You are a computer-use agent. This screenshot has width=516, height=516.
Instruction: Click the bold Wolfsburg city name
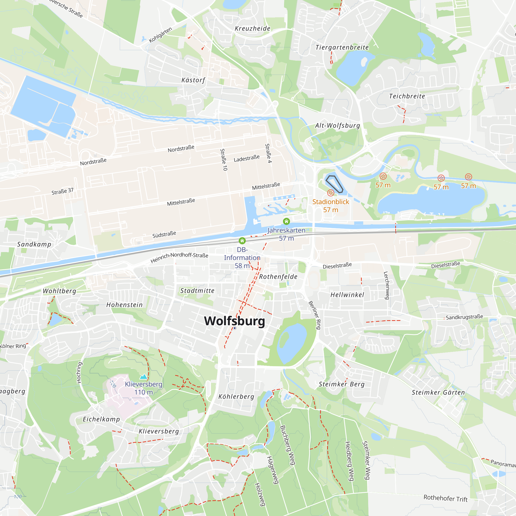235,321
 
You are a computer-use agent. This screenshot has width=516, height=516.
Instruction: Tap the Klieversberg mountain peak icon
144,377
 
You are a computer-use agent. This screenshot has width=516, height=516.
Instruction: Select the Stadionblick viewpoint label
331,202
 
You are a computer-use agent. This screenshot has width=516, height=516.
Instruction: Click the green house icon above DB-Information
242,241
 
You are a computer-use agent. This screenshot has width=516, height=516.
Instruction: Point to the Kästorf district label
193,80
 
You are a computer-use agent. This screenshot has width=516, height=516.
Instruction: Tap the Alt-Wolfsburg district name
337,126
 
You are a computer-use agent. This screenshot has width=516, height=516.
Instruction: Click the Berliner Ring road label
315,315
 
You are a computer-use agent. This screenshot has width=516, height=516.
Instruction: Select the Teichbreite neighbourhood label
407,96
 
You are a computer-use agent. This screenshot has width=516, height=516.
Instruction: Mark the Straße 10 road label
223,160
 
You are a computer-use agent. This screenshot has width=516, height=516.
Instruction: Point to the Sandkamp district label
34,244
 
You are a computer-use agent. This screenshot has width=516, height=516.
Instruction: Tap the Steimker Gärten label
438,393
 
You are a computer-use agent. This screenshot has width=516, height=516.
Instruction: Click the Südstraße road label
164,235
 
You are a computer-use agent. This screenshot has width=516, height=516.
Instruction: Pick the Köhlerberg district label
236,397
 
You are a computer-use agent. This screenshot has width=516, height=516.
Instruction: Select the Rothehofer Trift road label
446,498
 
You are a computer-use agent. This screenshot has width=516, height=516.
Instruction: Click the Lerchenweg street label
386,285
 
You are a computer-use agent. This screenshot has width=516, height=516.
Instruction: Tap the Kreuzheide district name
252,29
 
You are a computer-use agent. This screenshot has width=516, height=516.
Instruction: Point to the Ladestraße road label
246,158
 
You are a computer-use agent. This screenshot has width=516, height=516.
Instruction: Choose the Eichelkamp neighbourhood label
101,419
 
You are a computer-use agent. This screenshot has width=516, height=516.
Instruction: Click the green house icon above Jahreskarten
286,221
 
